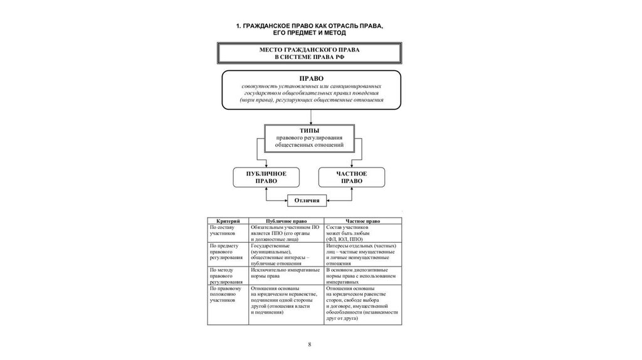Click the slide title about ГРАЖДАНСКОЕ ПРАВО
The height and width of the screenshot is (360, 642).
tap(309, 28)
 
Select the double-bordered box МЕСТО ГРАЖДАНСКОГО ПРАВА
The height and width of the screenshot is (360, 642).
tap(309, 53)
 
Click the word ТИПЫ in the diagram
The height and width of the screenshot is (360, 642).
tap(310, 130)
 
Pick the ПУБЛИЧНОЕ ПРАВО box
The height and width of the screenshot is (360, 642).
tap(266, 177)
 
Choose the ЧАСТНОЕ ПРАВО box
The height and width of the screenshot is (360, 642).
tap(351, 177)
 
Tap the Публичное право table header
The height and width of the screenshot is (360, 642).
tap(287, 221)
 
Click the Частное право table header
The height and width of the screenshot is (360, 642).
tap(362, 221)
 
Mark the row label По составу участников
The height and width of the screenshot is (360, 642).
tap(223, 230)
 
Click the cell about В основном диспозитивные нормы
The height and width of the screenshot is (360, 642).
tap(361, 275)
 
